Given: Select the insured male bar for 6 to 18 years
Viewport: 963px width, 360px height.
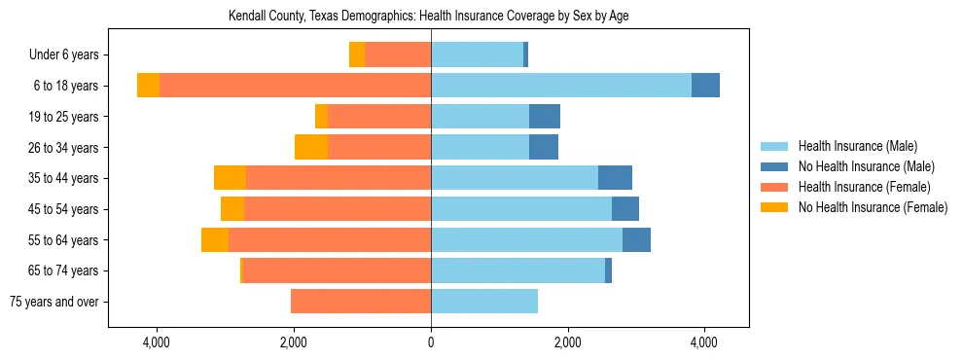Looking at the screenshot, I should coord(561,86).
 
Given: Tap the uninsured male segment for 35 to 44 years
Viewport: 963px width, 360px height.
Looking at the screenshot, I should coord(615,178).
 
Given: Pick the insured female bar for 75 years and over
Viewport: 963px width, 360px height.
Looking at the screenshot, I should coord(361,302).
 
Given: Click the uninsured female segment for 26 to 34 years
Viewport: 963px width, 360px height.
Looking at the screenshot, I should coord(311,147).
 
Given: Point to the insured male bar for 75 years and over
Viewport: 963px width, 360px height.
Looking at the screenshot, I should coord(484,302).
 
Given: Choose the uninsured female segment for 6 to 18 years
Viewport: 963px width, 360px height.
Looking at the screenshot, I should coord(148,86).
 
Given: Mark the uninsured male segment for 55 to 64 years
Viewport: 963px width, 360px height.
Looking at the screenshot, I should coord(636,239).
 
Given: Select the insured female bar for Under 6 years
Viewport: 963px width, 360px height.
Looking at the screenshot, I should coord(398,54).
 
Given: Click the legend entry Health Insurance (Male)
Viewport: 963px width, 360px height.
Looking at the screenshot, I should coord(857,146).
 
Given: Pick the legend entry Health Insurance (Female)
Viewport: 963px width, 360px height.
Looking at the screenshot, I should coord(864,187).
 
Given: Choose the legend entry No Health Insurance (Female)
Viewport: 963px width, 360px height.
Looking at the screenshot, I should coord(873,207).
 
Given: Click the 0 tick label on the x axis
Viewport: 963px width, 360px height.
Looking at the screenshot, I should coord(431,342).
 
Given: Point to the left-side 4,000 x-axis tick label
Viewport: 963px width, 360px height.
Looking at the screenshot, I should coord(157,342).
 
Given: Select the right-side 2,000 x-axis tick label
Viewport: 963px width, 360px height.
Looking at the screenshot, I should coord(568,342).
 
